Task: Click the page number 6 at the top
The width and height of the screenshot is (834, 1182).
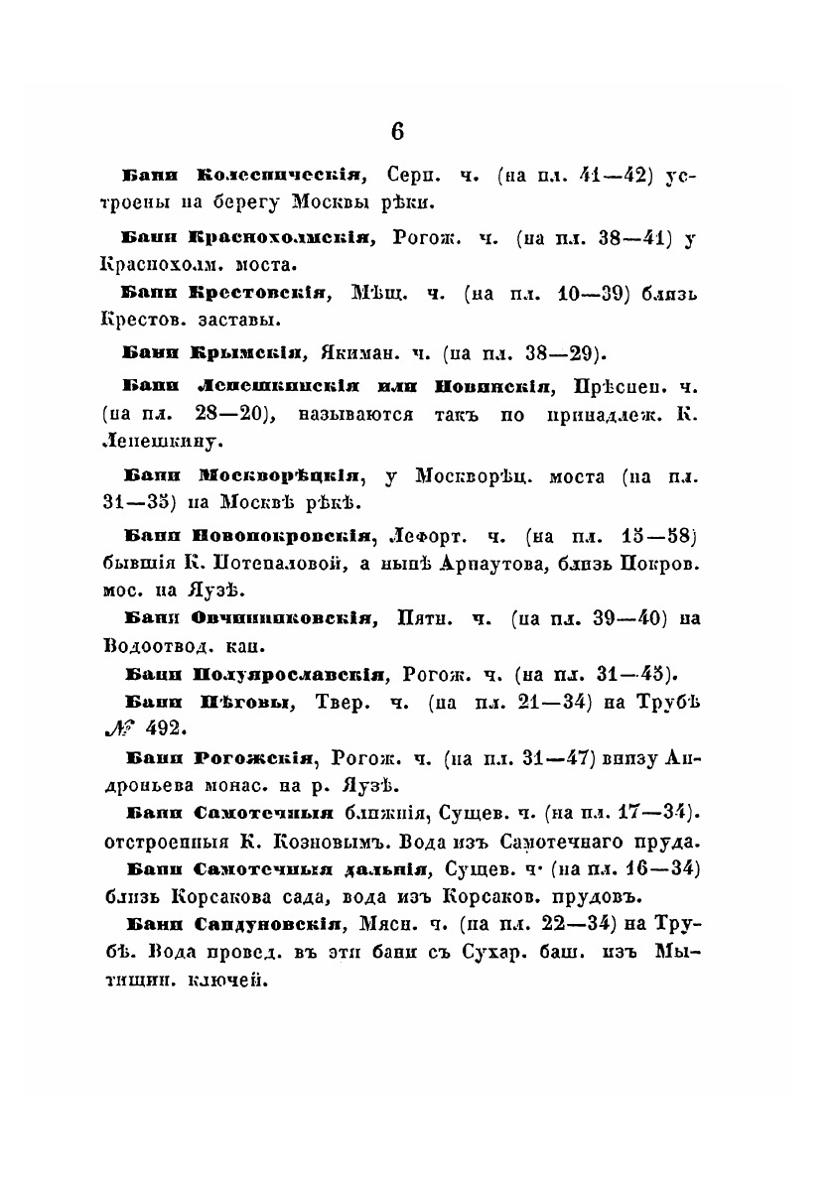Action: (x=397, y=132)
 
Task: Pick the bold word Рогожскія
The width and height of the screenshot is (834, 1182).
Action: (x=255, y=759)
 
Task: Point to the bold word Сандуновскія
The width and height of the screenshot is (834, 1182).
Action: (x=267, y=924)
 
